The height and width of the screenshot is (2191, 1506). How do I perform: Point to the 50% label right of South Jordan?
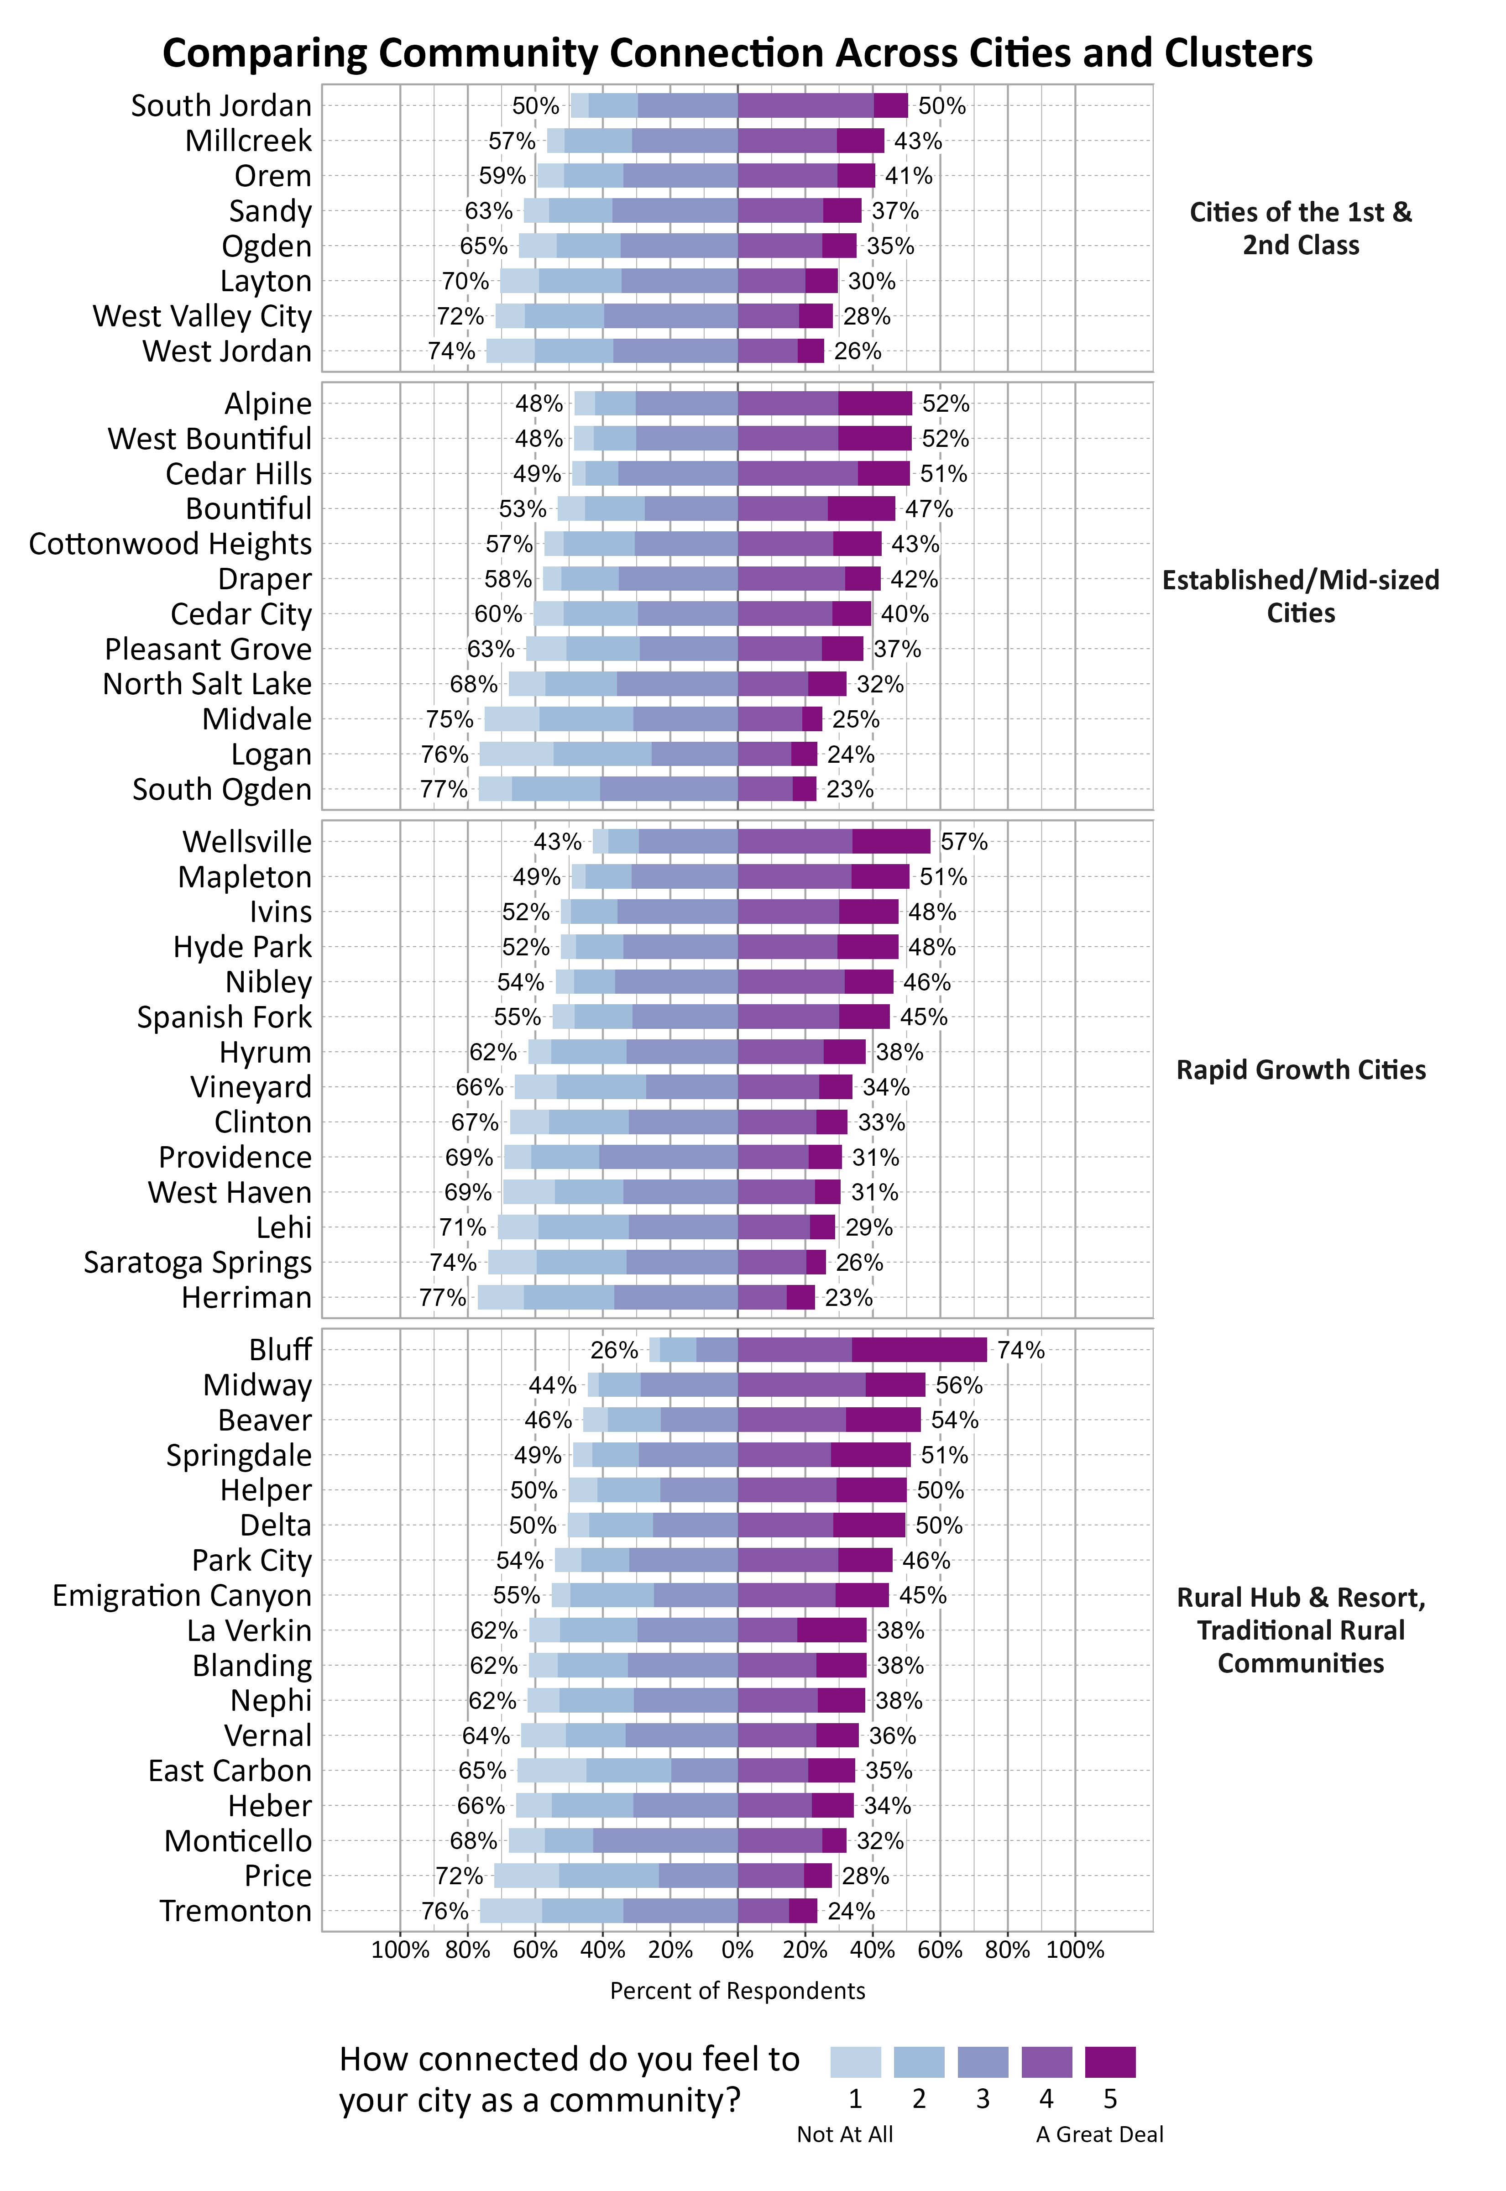[942, 106]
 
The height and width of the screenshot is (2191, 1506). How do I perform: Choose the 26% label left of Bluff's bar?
[614, 1350]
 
